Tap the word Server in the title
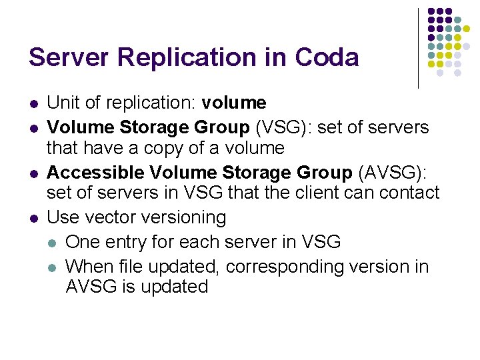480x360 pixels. (69, 57)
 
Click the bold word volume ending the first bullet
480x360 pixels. (234, 103)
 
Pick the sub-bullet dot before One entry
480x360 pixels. (52, 242)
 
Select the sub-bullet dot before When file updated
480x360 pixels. (52, 267)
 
